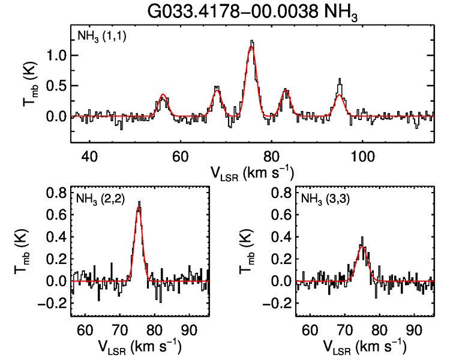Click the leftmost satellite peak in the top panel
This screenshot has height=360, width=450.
coord(163,95)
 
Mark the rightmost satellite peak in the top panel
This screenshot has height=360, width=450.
coord(340,80)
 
